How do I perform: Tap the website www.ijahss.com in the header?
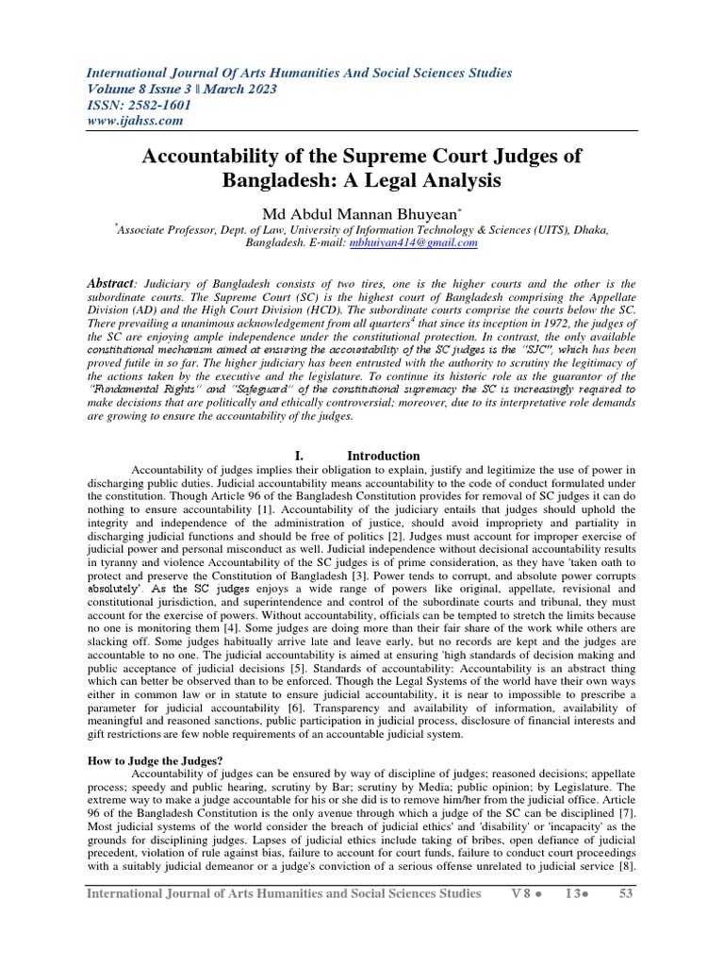[135, 121]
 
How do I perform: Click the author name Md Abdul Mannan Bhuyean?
[362, 213]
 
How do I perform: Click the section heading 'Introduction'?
[384, 456]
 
